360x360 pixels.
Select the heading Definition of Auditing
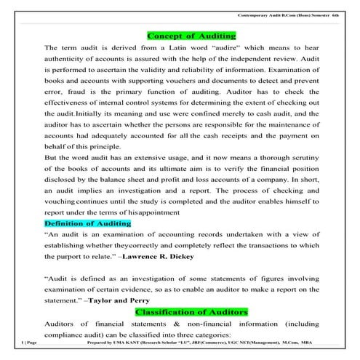tap(87, 223)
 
